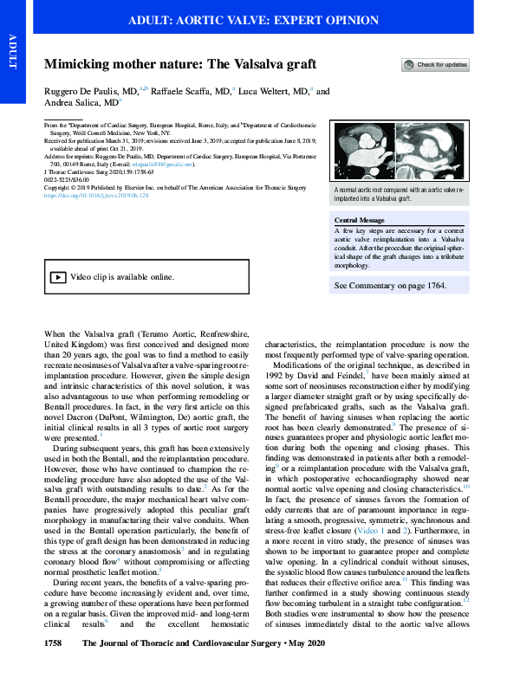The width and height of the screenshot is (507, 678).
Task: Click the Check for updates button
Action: pyautogui.click(x=435, y=65)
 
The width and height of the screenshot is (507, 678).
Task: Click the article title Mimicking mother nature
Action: pyautogui.click(x=180, y=65)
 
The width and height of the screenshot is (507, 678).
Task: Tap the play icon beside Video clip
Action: pyautogui.click(x=56, y=277)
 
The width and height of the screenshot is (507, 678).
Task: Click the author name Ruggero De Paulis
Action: pyautogui.click(x=83, y=92)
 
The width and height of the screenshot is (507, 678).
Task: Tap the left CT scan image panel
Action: pyautogui.click(x=363, y=152)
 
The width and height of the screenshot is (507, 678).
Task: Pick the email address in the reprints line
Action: pyautogui.click(x=166, y=163)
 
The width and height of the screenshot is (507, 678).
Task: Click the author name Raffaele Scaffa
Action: pyautogui.click(x=191, y=92)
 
